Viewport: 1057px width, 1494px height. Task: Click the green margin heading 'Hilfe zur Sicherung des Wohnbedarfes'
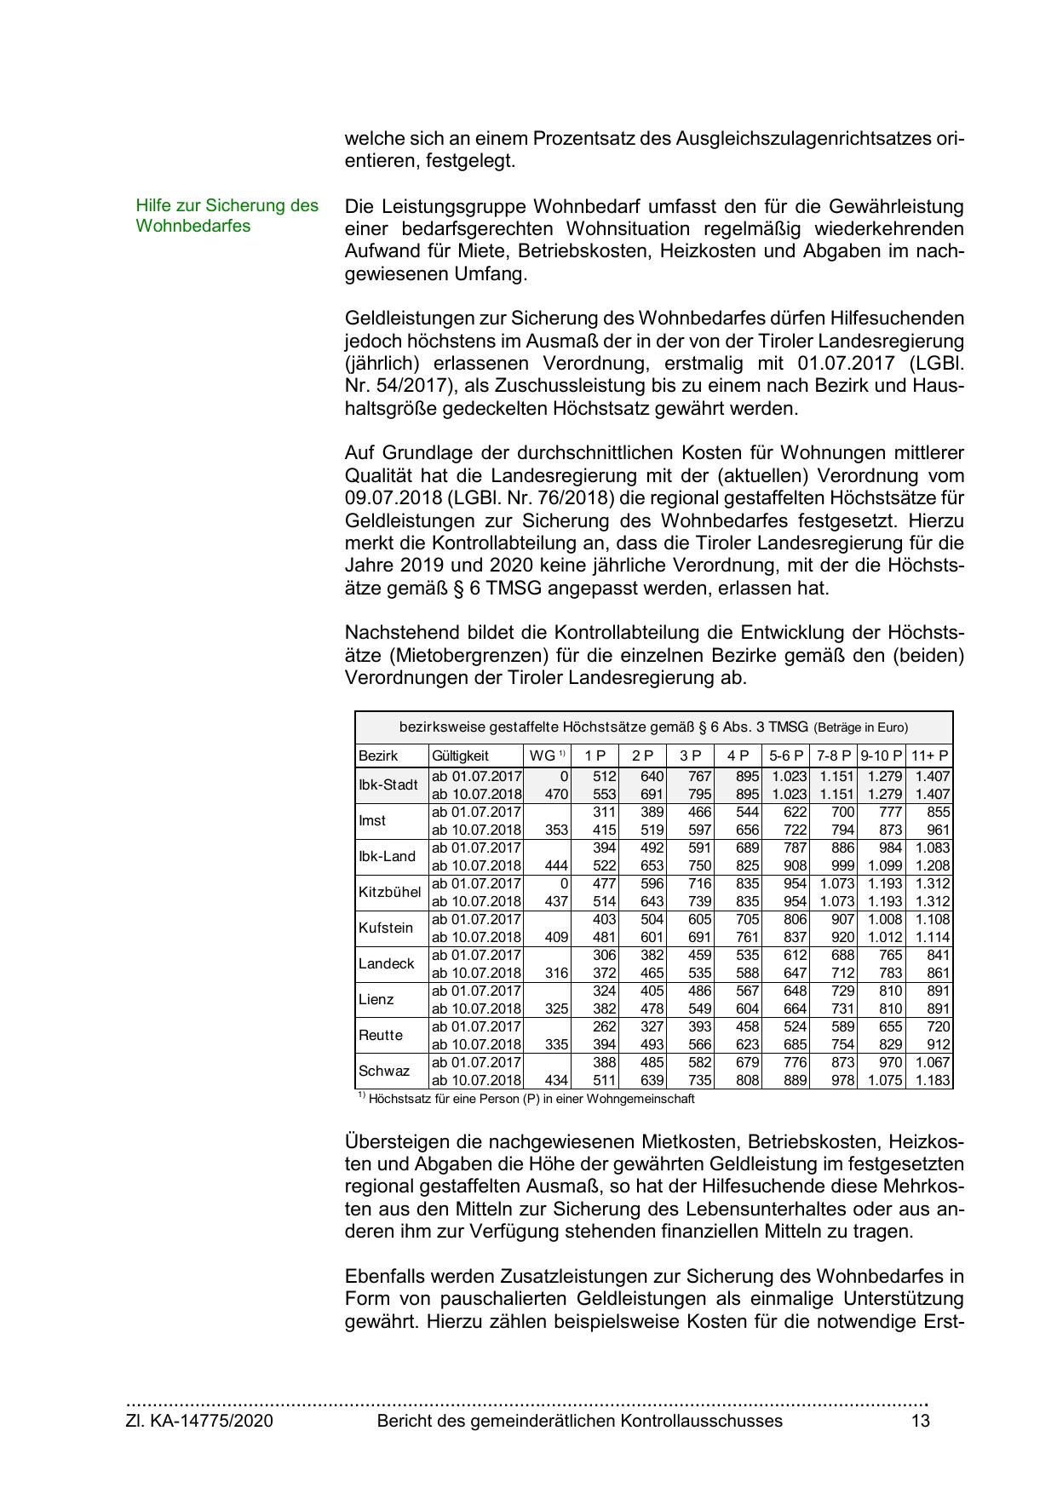(227, 215)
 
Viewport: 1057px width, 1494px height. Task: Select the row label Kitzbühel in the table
(389, 892)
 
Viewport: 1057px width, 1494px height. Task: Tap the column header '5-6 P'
(785, 756)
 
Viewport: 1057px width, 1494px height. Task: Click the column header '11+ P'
(929, 756)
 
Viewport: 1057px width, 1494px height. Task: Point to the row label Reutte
(380, 1035)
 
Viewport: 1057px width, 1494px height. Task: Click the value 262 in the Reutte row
(604, 1026)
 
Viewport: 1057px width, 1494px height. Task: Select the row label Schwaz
(383, 1071)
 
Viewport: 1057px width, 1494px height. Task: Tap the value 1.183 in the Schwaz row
(932, 1080)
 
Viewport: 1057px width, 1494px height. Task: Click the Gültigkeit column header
(460, 756)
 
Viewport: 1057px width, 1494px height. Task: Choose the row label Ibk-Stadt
(388, 784)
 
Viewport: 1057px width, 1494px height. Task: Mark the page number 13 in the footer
(920, 1421)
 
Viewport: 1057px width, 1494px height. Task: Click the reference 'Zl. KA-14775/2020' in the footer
(199, 1421)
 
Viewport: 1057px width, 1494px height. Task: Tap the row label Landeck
(386, 963)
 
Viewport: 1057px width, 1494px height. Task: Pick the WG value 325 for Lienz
(555, 1008)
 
